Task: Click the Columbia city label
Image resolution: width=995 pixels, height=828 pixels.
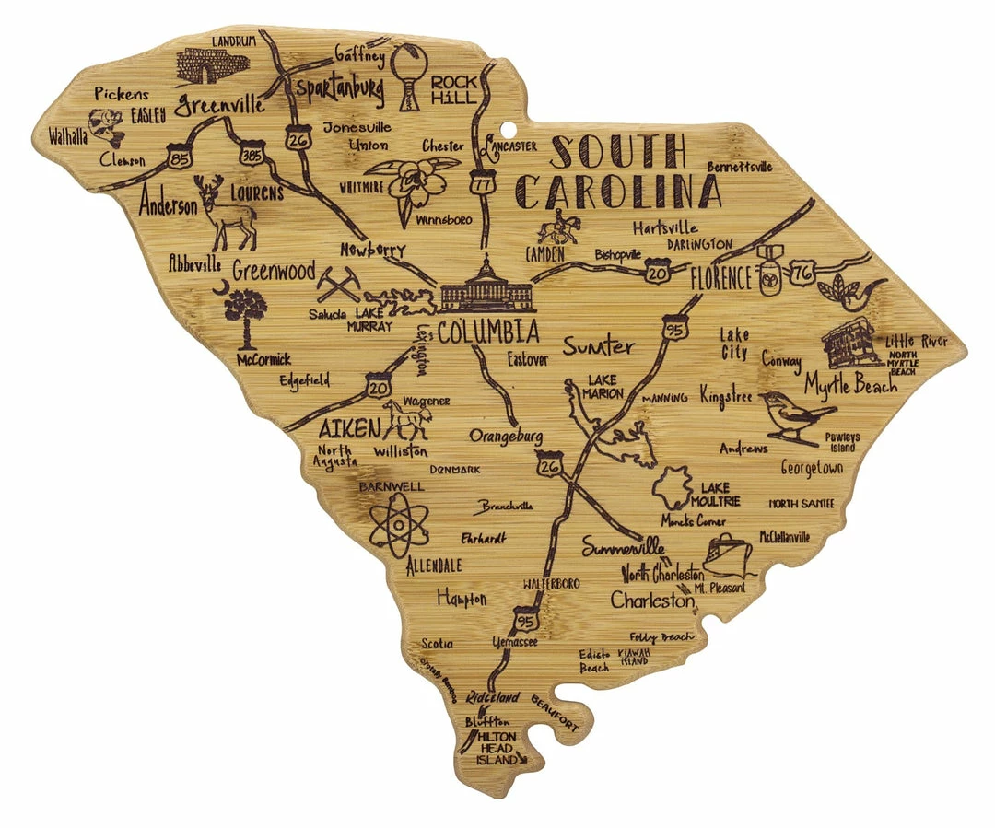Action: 488,332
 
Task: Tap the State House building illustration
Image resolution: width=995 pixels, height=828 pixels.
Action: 486,287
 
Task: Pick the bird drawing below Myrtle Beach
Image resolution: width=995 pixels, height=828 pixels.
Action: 794,414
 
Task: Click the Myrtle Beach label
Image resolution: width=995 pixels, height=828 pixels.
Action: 849,384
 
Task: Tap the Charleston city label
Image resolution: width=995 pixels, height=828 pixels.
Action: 652,601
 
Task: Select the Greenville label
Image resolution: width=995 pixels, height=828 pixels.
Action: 220,104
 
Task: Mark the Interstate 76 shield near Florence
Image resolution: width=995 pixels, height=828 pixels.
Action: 802,273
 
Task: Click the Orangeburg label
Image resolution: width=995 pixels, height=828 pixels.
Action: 506,436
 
